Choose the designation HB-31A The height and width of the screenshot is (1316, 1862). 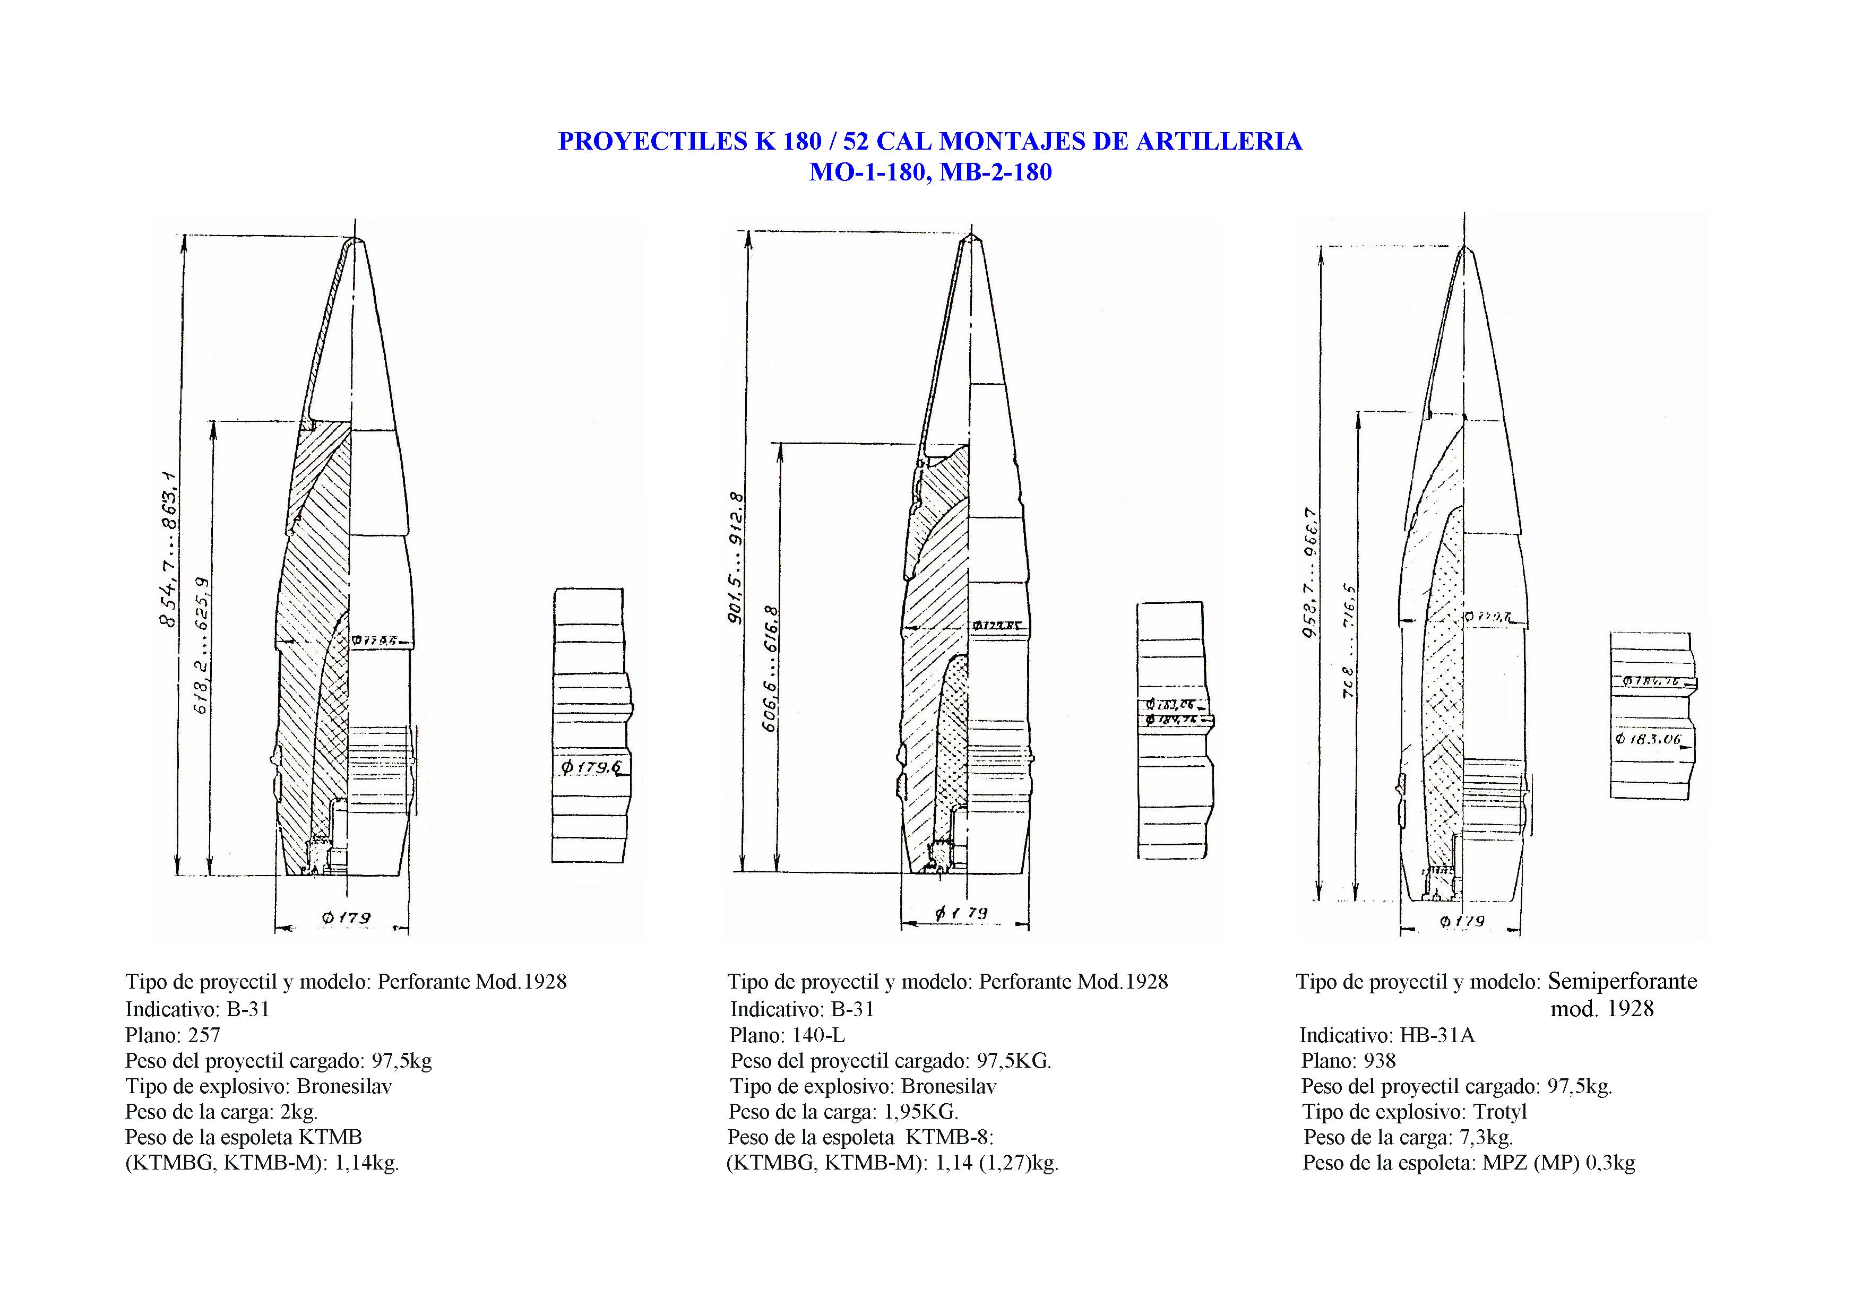[x=1436, y=1035]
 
